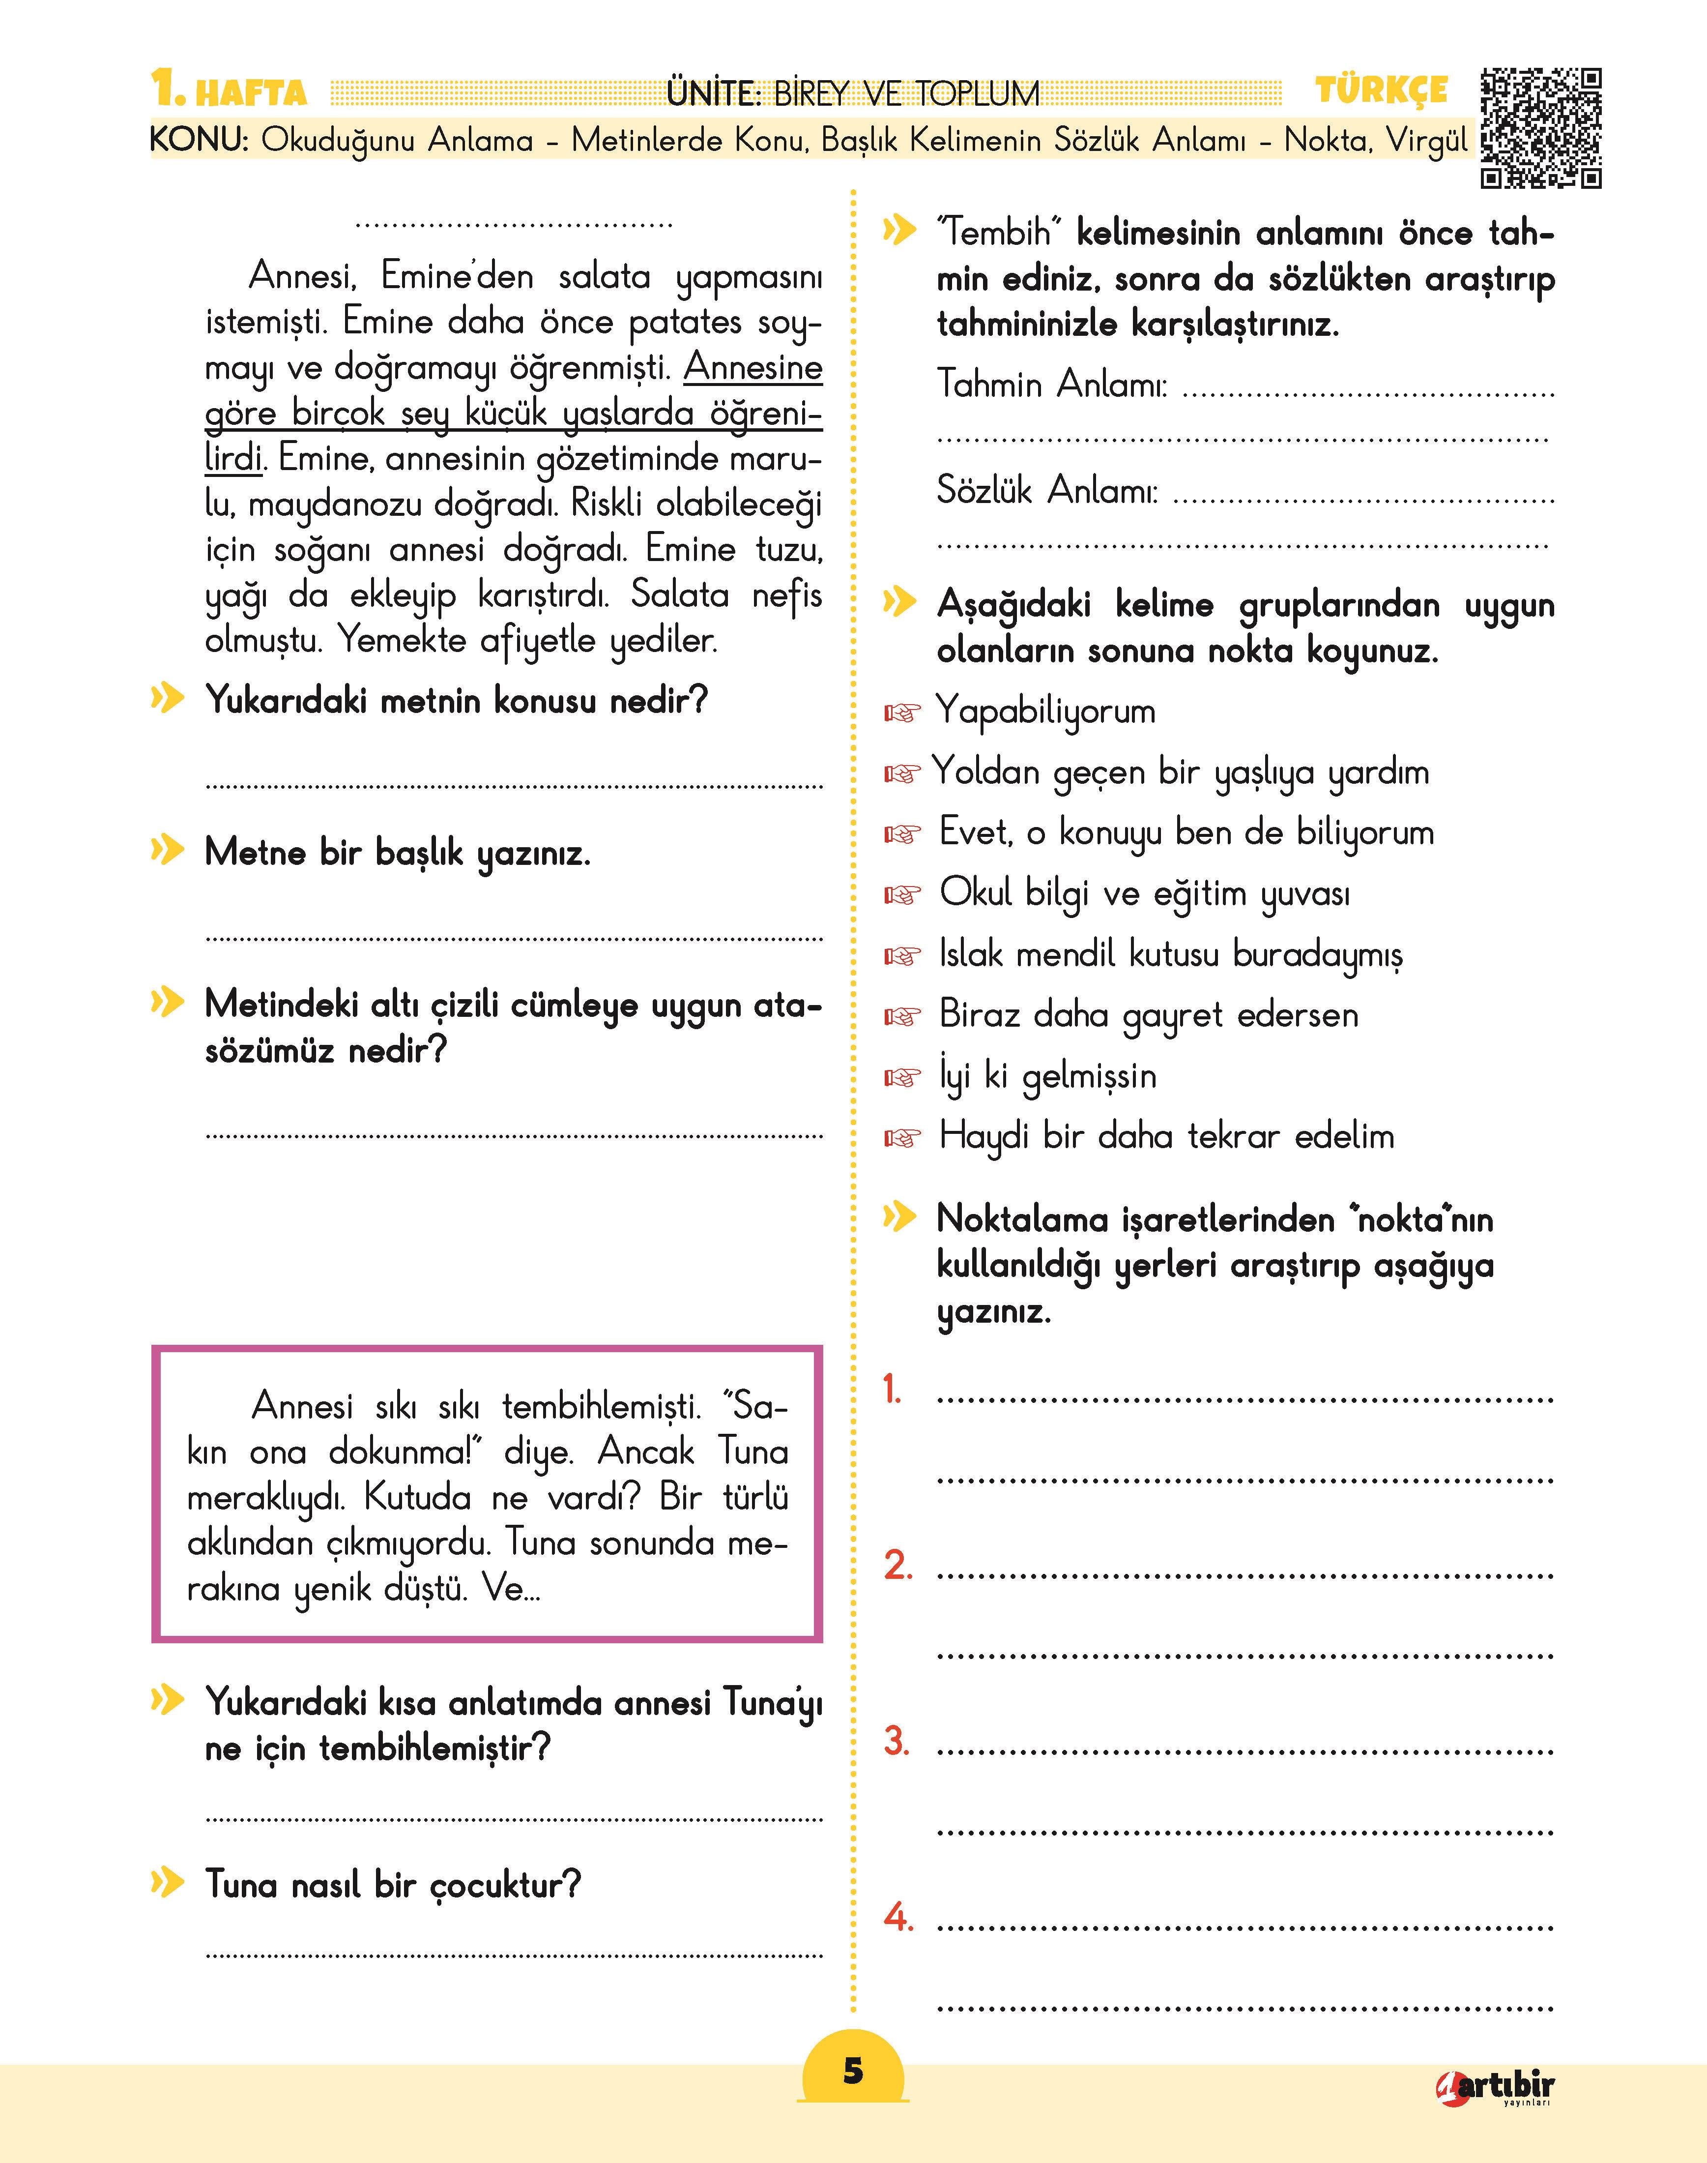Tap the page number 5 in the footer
coord(852,2070)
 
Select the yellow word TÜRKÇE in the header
coord(1381,91)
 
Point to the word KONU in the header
coord(199,140)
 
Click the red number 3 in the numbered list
coord(897,1741)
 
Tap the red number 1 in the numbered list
coord(893,1390)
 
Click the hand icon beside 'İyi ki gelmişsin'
coord(900,1077)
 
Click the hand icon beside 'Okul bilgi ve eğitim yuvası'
coord(900,894)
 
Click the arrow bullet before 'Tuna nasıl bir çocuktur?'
coord(168,1883)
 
